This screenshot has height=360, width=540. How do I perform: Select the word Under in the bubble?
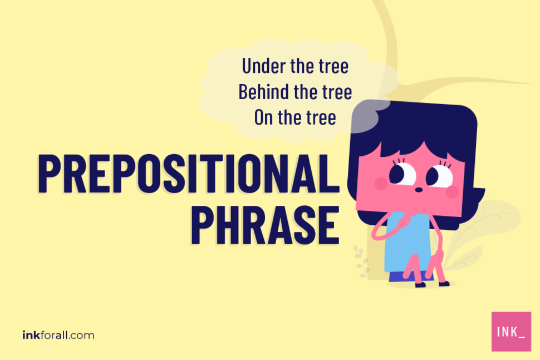pyautogui.click(x=263, y=66)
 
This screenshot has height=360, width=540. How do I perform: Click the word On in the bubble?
pyautogui.click(x=263, y=117)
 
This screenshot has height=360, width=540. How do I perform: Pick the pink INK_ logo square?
pyautogui.click(x=511, y=332)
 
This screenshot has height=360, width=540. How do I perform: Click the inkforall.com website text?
pyautogui.click(x=58, y=335)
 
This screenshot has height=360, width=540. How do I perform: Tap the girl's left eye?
pyautogui.click(x=401, y=174)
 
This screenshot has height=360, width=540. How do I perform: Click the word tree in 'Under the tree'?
pyautogui.click(x=333, y=66)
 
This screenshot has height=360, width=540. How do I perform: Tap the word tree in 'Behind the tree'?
pyautogui.click(x=336, y=92)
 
